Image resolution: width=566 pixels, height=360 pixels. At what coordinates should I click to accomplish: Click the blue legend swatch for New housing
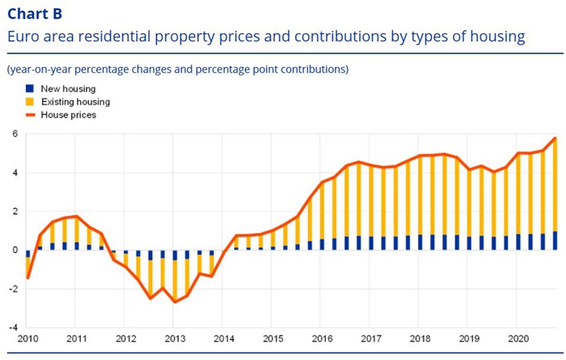pos(30,88)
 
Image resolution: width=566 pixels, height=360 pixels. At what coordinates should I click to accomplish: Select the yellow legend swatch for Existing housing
pos(30,102)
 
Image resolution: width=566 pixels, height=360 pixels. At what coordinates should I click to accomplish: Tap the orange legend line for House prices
pos(30,116)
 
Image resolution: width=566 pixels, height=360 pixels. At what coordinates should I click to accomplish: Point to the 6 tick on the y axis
pos(13,134)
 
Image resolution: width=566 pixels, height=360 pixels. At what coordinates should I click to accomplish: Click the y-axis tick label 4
pos(13,173)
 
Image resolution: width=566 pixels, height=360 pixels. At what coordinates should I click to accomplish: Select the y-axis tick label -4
pos(11,328)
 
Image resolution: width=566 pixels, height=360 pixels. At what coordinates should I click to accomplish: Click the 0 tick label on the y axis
pos(13,250)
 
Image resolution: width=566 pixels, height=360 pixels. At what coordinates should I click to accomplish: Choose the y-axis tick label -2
pos(11,289)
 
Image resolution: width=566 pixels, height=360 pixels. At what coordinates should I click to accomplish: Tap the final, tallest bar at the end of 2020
pos(555,186)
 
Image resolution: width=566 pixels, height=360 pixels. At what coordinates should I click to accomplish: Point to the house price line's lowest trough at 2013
pos(175,302)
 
